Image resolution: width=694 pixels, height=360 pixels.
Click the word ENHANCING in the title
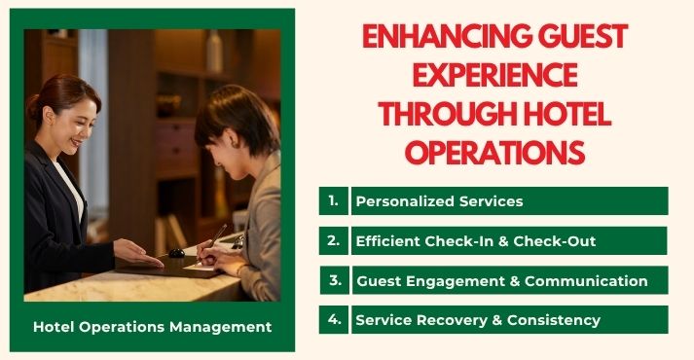(435, 36)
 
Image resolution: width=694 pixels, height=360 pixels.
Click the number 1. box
(333, 200)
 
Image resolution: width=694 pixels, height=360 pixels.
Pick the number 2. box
(333, 240)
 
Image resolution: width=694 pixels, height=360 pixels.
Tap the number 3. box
(334, 280)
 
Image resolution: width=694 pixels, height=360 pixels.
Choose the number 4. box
(333, 319)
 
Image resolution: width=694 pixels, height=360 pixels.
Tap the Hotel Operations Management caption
(152, 327)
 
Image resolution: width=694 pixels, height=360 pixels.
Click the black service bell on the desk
(176, 253)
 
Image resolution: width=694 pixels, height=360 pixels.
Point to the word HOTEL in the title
(566, 114)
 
